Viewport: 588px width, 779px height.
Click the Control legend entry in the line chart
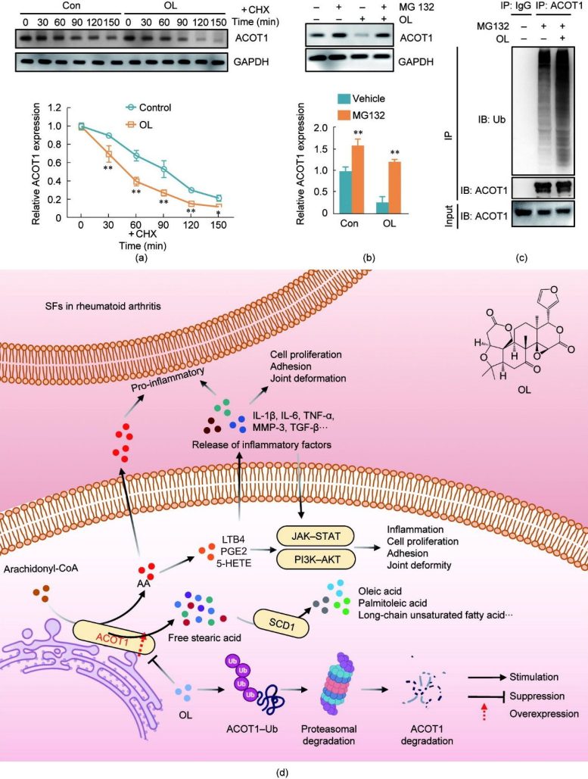coord(150,108)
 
